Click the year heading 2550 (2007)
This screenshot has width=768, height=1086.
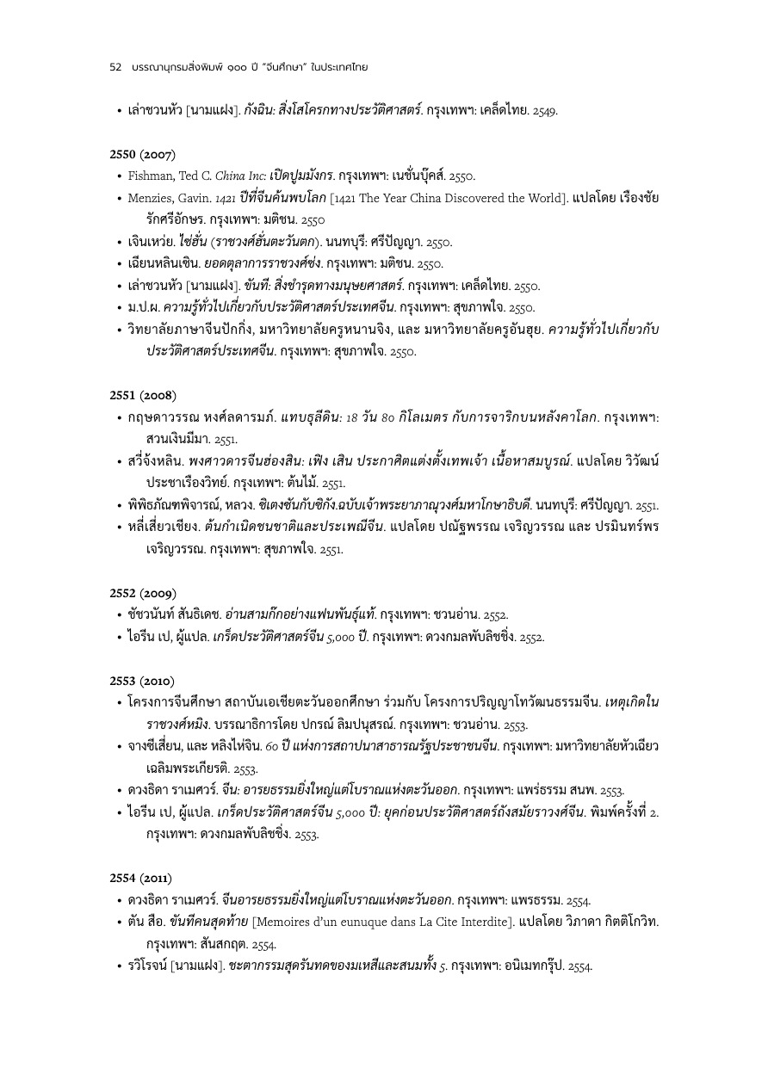pos(143,155)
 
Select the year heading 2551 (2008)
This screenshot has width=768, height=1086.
pos(143,395)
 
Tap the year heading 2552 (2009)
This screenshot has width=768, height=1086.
pos(143,593)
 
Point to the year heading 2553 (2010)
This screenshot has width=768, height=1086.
pos(143,680)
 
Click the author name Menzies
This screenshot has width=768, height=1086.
pos(152,198)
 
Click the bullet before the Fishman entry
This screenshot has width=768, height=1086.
pos(119,176)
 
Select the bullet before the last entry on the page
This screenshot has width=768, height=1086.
pos(119,966)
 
